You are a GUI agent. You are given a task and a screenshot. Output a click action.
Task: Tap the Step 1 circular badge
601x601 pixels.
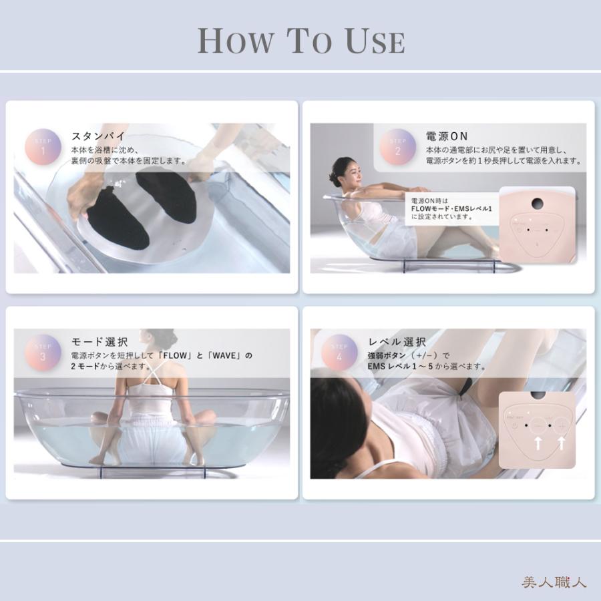pyautogui.click(x=43, y=146)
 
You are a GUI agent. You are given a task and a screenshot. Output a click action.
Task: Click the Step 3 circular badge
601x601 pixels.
pyautogui.click(x=43, y=352)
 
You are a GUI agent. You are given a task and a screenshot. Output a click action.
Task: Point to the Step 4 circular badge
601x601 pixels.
pyautogui.click(x=340, y=352)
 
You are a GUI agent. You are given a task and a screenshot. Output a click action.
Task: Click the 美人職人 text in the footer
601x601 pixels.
pyautogui.click(x=554, y=582)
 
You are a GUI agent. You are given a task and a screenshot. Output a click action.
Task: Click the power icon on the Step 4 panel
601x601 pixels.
pyautogui.click(x=514, y=425)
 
